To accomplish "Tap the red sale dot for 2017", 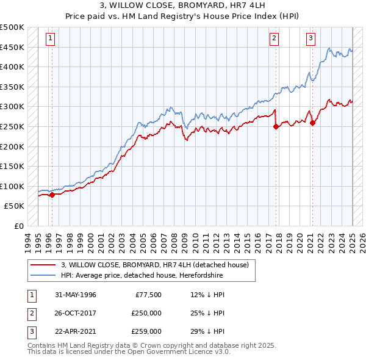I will pyautogui.click(x=276, y=127).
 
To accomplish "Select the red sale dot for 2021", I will pyautogui.click(x=313, y=123).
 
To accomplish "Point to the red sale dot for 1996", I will pyautogui.click(x=52, y=195).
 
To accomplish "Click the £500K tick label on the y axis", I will pyautogui.click(x=12, y=27).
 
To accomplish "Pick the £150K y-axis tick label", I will pyautogui.click(x=12, y=166).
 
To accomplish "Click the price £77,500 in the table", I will pyautogui.click(x=148, y=295).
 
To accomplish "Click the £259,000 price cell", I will pyautogui.click(x=146, y=331).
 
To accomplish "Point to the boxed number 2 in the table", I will pyautogui.click(x=31, y=313).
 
